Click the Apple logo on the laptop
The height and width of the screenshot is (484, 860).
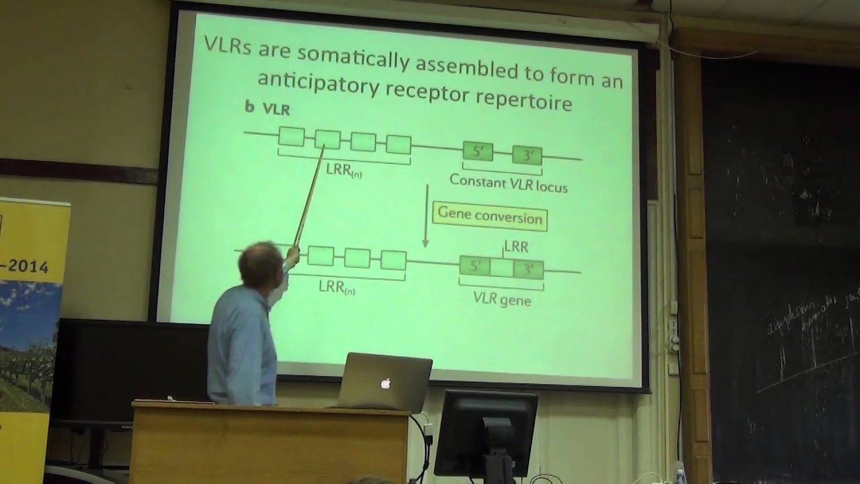coord(386,384)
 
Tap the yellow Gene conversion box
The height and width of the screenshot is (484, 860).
coord(490,216)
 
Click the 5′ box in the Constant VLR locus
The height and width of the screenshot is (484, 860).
coord(478,153)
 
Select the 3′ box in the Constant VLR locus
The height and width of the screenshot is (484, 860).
coord(527,156)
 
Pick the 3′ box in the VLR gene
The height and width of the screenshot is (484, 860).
coord(528,270)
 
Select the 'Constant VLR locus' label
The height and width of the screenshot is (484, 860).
coord(508,183)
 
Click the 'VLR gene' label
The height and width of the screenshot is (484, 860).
coord(502,298)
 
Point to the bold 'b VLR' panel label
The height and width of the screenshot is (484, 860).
coord(267,108)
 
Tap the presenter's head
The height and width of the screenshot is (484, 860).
coord(261,264)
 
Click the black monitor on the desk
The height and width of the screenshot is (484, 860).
coord(486,424)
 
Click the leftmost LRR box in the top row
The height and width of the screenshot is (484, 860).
coord(292,137)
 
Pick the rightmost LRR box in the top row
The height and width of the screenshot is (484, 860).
coord(398,145)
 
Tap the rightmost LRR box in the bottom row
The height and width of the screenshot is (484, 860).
coord(393,260)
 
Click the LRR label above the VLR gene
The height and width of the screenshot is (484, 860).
coord(515,247)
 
